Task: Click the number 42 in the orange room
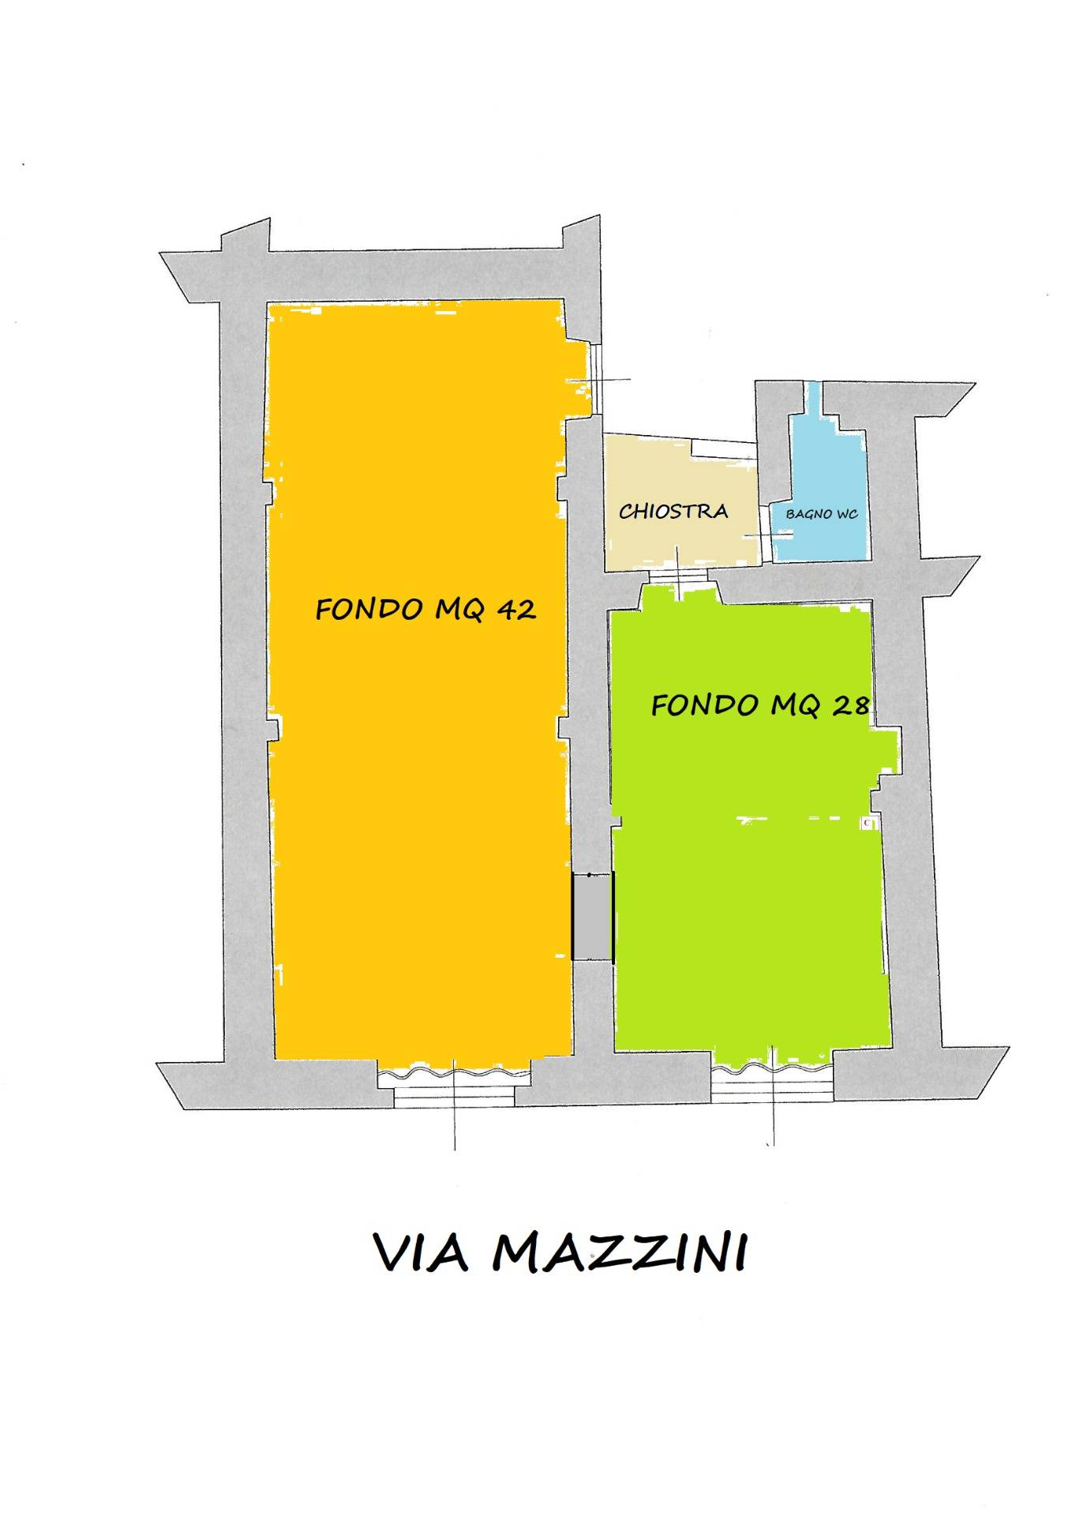(516, 610)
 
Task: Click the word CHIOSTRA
(673, 512)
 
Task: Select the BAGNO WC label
(821, 514)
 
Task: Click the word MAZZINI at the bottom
(619, 1253)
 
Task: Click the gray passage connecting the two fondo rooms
(592, 916)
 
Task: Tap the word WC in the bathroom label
(846, 514)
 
